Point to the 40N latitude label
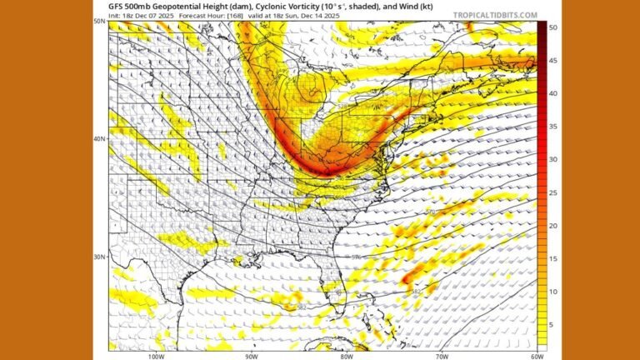(x=98, y=138)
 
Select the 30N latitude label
(x=98, y=257)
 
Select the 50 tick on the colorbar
(x=553, y=27)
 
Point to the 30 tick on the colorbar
(x=553, y=159)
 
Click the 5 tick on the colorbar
(x=552, y=324)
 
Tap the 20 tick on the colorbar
(x=553, y=226)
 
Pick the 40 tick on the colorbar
(x=553, y=93)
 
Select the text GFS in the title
(x=117, y=6)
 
